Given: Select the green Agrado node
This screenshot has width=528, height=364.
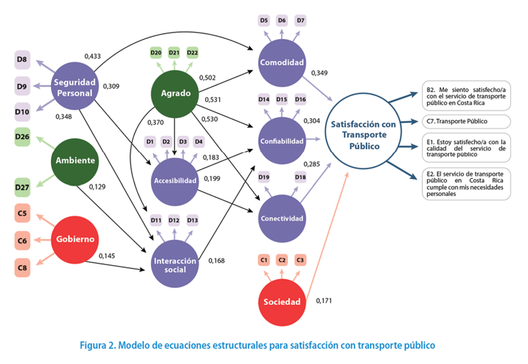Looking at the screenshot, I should [x=175, y=93].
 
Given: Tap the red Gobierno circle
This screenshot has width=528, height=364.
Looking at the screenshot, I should [x=75, y=239].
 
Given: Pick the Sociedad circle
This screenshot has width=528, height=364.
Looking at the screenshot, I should [x=281, y=302].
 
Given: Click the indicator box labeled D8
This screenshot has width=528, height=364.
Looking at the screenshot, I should [x=22, y=60].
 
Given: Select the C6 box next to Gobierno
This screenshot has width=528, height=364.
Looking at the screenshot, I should [x=22, y=241].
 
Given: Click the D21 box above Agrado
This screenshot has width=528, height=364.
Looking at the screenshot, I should [x=174, y=52].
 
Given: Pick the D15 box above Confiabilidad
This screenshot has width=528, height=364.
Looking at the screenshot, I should [x=282, y=99].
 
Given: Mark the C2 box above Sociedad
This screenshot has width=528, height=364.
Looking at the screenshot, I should [x=282, y=259].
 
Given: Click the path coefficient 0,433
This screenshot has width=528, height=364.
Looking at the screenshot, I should [x=93, y=57].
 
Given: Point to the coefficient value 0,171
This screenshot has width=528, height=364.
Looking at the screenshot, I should [x=324, y=300].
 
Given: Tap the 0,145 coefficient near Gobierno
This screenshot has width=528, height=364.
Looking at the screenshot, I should [x=107, y=256].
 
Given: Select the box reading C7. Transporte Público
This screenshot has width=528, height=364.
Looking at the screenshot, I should [x=466, y=120].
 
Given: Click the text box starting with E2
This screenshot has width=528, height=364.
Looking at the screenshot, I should [x=466, y=184].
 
